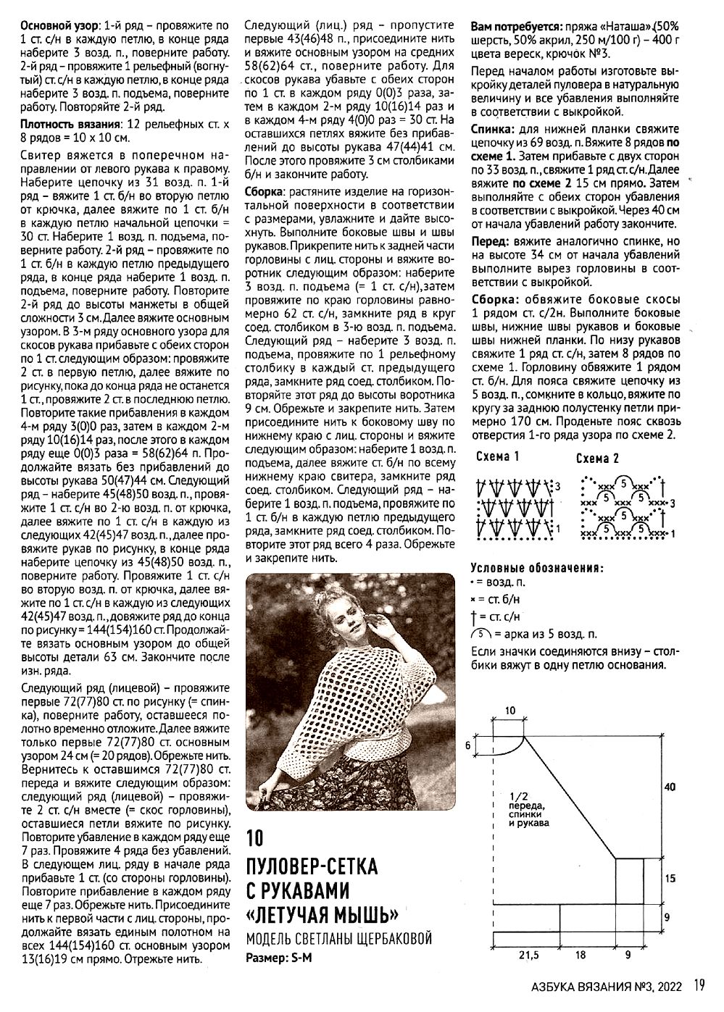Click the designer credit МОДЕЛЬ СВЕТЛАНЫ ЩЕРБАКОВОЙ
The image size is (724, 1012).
(338, 939)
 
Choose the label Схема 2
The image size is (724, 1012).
(597, 459)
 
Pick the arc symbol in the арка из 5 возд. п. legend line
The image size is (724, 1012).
(477, 634)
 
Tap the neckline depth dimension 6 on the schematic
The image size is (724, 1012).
(467, 745)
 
